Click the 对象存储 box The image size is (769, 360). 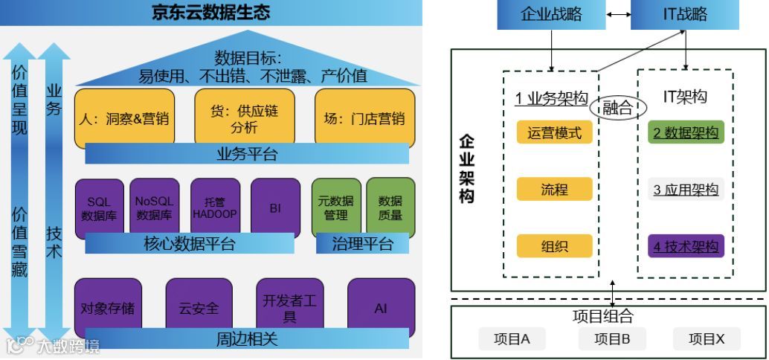(x=108, y=306)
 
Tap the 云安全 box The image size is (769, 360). (x=199, y=306)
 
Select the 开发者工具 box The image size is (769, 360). (x=289, y=306)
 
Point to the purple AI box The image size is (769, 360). (x=381, y=306)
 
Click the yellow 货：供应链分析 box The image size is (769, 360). (x=244, y=118)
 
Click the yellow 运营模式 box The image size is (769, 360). (x=554, y=133)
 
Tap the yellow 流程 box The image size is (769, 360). (x=554, y=190)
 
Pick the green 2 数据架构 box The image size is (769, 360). (x=685, y=133)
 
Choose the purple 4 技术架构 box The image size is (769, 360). (x=685, y=246)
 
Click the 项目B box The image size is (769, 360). (x=613, y=339)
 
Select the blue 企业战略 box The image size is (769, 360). (x=551, y=14)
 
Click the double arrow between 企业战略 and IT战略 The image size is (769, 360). (x=618, y=14)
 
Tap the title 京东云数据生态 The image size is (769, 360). (x=211, y=13)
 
